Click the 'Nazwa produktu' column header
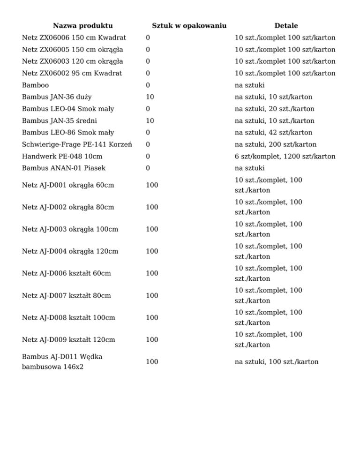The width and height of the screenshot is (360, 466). [82, 25]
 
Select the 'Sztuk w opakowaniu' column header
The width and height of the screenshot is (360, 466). [189, 25]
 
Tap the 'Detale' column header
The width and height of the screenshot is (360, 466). [286, 25]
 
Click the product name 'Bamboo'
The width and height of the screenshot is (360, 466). [35, 85]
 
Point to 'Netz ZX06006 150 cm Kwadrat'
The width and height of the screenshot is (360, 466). [74, 38]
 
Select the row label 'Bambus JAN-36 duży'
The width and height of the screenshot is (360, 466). [57, 97]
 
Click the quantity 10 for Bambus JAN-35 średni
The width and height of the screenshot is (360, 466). [150, 121]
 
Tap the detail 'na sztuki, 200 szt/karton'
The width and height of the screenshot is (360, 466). [276, 144]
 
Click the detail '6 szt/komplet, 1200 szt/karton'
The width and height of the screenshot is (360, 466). [285, 156]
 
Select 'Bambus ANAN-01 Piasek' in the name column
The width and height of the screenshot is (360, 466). [64, 168]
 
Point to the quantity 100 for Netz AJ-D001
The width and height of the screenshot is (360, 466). [151, 185]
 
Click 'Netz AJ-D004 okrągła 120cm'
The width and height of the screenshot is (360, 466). [70, 251]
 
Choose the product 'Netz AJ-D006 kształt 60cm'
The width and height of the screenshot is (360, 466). [67, 273]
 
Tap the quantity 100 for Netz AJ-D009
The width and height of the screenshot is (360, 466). [151, 339]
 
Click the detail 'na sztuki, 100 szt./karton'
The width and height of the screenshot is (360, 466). [277, 361]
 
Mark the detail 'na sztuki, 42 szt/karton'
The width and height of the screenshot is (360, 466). [273, 133]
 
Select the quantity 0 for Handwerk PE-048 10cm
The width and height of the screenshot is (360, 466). [148, 156]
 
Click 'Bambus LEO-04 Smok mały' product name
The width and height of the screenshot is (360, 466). [68, 109]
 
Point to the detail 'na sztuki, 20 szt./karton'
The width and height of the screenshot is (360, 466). [275, 109]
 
